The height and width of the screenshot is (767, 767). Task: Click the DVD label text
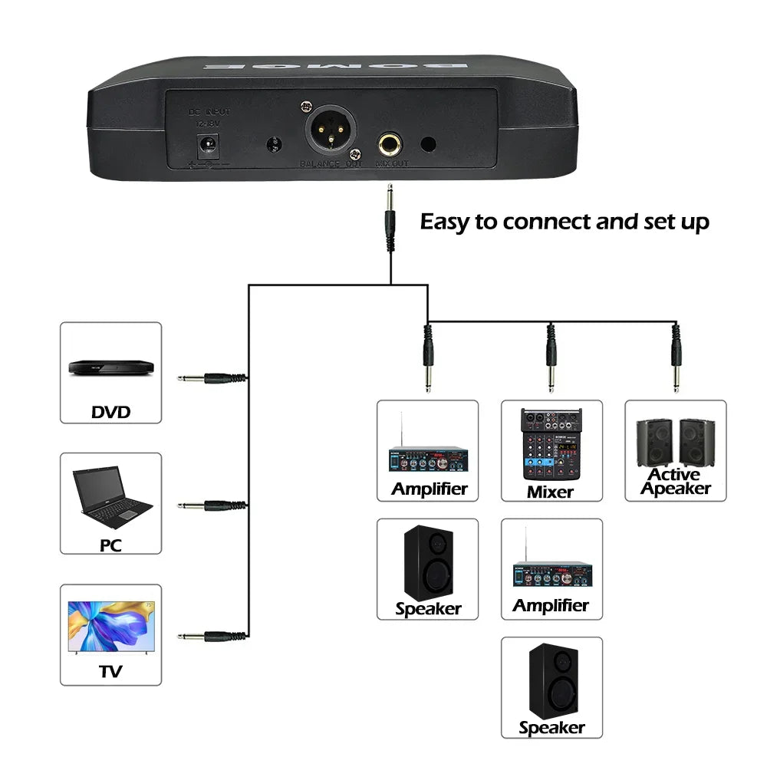[x=110, y=412]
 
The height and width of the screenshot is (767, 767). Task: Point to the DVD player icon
[x=110, y=366]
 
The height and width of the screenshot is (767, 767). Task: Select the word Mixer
[x=551, y=492]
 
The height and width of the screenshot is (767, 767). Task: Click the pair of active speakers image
[x=675, y=441]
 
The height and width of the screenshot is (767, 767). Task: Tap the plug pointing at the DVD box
[x=212, y=377]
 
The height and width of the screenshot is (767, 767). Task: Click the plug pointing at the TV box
[x=212, y=635]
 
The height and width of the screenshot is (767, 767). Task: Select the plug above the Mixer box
[x=551, y=356]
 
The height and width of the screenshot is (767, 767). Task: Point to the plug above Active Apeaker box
[x=676, y=356]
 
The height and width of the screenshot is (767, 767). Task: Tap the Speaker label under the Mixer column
[x=551, y=727]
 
